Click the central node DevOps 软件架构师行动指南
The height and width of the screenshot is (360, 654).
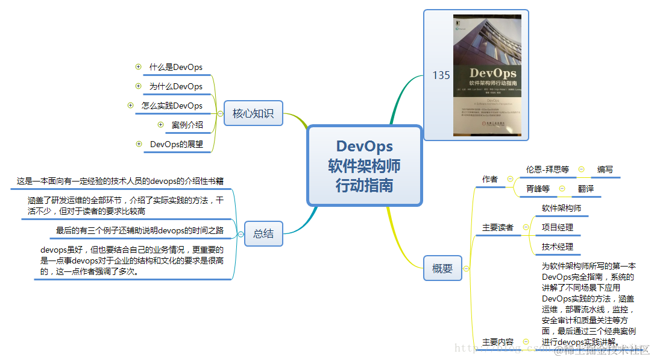pyautogui.click(x=364, y=165)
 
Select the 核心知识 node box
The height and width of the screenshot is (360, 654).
pyautogui.click(x=253, y=113)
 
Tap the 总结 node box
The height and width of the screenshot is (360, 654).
pyautogui.click(x=263, y=233)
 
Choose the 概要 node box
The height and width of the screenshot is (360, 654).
pyautogui.click(x=442, y=268)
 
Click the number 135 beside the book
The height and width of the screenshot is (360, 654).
pyautogui.click(x=441, y=75)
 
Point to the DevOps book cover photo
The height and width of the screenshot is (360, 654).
pyautogui.click(x=487, y=75)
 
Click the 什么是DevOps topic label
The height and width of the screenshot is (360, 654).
pyautogui.click(x=176, y=67)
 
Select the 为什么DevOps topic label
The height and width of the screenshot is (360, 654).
pyautogui.click(x=176, y=86)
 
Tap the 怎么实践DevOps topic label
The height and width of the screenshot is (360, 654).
pyautogui.click(x=172, y=106)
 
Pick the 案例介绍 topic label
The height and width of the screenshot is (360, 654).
pyautogui.click(x=187, y=125)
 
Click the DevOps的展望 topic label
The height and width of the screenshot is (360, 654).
pyautogui.click(x=177, y=144)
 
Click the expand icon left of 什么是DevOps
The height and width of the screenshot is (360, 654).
pyautogui.click(x=138, y=67)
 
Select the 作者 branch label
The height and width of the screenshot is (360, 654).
pyautogui.click(x=490, y=179)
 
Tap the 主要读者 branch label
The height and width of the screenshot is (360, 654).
pyautogui.click(x=498, y=227)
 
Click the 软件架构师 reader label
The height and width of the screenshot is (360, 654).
pyautogui.click(x=561, y=208)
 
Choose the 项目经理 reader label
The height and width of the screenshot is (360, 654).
pyautogui.click(x=557, y=227)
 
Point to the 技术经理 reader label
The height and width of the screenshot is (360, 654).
pyautogui.click(x=557, y=247)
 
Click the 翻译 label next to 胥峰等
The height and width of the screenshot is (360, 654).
pyautogui.click(x=586, y=188)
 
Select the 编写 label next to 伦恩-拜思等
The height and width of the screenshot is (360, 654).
pyautogui.click(x=605, y=169)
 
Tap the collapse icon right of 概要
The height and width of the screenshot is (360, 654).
pyautogui.click(x=466, y=269)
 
